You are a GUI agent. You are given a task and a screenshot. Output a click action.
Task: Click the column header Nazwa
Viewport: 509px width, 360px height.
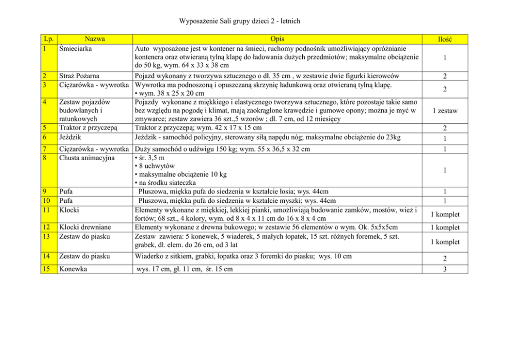pyautogui.click(x=95, y=39)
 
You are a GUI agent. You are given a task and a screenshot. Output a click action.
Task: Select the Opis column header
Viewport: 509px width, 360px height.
pyautogui.click(x=276, y=39)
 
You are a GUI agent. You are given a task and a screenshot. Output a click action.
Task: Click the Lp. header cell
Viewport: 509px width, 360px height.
pyautogui.click(x=49, y=39)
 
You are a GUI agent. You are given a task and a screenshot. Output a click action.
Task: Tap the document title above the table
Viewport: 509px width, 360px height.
pyautogui.click(x=240, y=21)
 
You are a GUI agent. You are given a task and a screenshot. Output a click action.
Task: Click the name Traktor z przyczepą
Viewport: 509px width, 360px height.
pyautogui.click(x=89, y=127)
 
